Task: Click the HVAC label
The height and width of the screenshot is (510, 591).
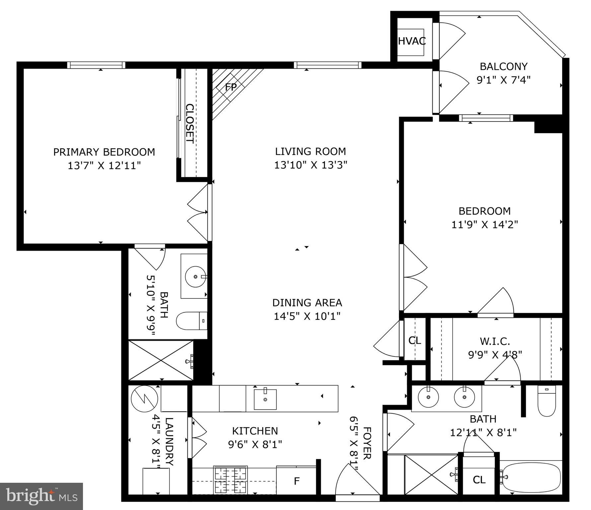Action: pyautogui.click(x=411, y=41)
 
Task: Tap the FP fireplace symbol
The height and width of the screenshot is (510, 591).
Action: pyautogui.click(x=231, y=87)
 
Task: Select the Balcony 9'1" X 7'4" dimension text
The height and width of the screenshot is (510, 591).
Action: pyautogui.click(x=503, y=80)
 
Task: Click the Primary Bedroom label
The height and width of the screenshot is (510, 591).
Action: pyautogui.click(x=104, y=152)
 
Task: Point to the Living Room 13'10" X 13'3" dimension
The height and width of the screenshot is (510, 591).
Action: pyautogui.click(x=310, y=165)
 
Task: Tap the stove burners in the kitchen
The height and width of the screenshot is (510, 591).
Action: pyautogui.click(x=231, y=479)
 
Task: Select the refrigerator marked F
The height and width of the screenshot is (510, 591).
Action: pyautogui.click(x=297, y=481)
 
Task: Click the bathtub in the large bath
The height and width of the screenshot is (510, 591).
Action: pyautogui.click(x=531, y=477)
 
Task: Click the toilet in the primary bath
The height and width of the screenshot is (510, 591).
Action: pyautogui.click(x=191, y=321)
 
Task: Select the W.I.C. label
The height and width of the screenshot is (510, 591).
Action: pyautogui.click(x=495, y=341)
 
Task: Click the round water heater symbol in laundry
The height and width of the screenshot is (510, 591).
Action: pyautogui.click(x=144, y=399)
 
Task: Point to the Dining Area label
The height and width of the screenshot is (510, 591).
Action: pyautogui.click(x=307, y=302)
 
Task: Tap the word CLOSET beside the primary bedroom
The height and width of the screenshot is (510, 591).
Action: pyautogui.click(x=189, y=124)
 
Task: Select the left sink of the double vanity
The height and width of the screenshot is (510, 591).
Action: pyautogui.click(x=428, y=397)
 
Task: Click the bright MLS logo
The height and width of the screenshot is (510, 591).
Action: pyautogui.click(x=41, y=496)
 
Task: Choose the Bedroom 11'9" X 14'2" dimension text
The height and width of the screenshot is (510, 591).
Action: pyautogui.click(x=484, y=225)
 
